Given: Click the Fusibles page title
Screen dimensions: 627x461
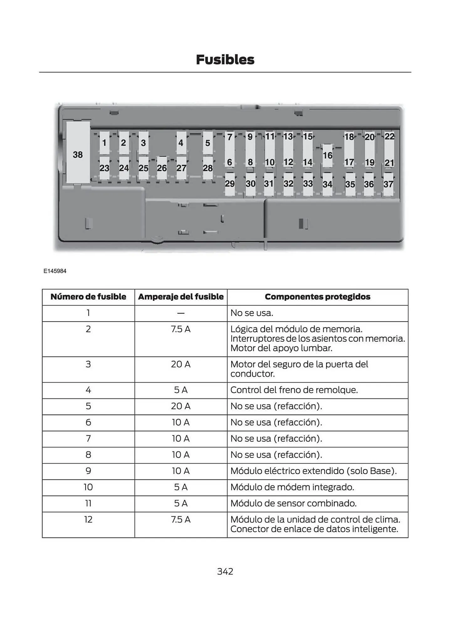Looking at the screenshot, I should [225, 60].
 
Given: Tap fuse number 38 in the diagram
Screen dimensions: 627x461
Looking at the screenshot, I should [78, 155].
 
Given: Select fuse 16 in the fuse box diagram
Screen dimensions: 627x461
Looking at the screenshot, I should [327, 155].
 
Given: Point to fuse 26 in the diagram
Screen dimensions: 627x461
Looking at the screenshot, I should [162, 168].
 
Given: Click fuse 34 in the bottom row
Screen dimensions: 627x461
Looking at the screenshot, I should [327, 184].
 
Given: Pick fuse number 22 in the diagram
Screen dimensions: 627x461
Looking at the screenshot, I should [390, 137].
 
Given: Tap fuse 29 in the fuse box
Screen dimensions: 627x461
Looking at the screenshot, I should [230, 184].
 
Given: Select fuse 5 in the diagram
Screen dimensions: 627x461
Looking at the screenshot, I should [207, 143].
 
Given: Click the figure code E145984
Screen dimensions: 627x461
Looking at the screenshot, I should [55, 271].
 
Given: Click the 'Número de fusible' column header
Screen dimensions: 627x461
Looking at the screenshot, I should [88, 297].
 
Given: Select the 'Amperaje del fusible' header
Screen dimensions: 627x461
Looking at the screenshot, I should [181, 297].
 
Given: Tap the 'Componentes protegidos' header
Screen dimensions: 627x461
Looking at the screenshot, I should [317, 297].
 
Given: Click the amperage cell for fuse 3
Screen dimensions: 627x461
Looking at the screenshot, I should [181, 364].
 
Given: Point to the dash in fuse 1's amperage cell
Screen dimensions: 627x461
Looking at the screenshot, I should [181, 313].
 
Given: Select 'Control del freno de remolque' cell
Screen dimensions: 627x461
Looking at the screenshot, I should [294, 390].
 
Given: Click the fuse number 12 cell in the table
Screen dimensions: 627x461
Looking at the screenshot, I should [88, 519].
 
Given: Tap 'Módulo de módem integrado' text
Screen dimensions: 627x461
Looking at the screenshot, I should [292, 487].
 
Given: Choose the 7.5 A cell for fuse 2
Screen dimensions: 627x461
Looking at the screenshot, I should [181, 329].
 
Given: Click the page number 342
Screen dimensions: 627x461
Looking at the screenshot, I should [225, 572].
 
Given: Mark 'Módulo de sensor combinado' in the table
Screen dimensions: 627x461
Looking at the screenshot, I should [293, 503].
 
